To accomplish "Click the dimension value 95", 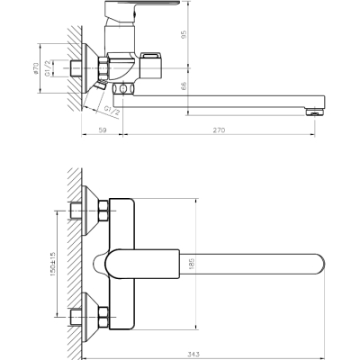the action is pos(184,34).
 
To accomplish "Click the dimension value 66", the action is pos(184,86).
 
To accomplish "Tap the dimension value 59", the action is pos(103,130).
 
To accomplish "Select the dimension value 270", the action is pos(220,130).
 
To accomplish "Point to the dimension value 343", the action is pos(194,354).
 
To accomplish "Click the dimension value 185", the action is pos(192,264).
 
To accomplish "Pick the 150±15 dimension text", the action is pos(53,264).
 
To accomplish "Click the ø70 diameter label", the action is pos(36,68).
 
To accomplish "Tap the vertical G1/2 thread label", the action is pos(48,68).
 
